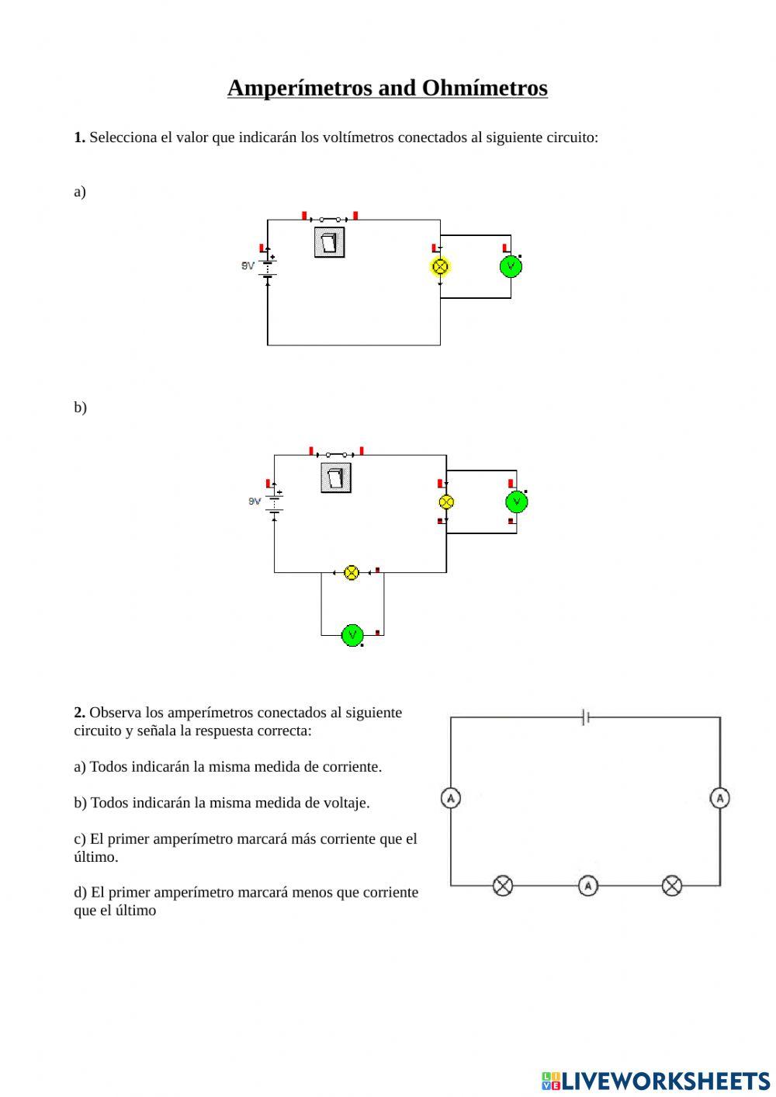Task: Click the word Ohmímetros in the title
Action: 484,89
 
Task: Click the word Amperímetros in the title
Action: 300,89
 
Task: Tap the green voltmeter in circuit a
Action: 511,266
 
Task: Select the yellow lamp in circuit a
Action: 440,266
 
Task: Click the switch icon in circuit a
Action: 330,242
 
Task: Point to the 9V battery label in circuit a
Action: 248,266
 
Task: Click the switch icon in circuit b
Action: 336,477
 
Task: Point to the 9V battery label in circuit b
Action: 255,502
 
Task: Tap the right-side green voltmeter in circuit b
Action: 517,502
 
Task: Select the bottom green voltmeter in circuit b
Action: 352,635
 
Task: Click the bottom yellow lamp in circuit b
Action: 352,573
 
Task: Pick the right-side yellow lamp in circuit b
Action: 446,502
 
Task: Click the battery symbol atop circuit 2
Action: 585,717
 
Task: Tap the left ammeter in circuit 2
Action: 451,798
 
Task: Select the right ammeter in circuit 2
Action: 720,798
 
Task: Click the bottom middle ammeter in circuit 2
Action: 588,885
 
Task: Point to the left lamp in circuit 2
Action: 503,885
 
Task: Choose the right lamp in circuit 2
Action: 672,885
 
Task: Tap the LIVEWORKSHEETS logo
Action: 656,1081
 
